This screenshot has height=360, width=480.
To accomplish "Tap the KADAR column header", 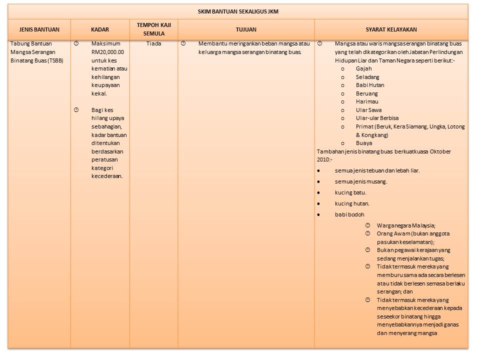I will [x=100, y=30].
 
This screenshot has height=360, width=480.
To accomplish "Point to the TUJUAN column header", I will [x=246, y=30].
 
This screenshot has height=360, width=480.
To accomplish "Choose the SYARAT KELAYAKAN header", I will [x=391, y=30].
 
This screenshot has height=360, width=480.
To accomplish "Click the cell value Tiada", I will [x=153, y=43].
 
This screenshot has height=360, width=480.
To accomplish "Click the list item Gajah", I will [x=363, y=68].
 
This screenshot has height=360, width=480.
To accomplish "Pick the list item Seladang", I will [x=367, y=77].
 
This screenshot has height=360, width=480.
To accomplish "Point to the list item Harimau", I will [x=367, y=101].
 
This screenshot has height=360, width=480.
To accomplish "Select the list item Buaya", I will [x=364, y=143].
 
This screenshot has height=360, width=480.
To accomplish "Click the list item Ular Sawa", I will [x=368, y=110].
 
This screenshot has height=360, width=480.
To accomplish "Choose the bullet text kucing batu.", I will [x=350, y=192].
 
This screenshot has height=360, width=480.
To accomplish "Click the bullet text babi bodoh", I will [x=349, y=214].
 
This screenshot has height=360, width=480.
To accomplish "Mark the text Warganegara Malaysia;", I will [x=406, y=225].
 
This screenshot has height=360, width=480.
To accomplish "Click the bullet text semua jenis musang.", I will [x=361, y=181].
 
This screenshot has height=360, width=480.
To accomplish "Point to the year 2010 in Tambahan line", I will [x=323, y=159].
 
